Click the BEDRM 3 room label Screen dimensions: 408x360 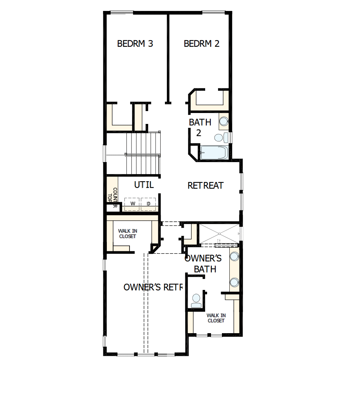click(x=135, y=44)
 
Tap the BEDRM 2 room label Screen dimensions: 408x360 click(x=201, y=44)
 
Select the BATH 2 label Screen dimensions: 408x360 click(x=200, y=127)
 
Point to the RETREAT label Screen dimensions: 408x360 click(x=206, y=185)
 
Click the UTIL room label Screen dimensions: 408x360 click(x=144, y=185)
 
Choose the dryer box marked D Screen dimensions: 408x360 click(x=148, y=204)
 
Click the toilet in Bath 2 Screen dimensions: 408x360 click(x=220, y=137)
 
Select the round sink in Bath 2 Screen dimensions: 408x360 click(x=224, y=121)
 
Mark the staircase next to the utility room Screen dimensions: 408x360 click(x=143, y=154)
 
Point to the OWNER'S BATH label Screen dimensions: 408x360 click(x=203, y=263)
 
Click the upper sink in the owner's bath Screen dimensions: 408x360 click(x=234, y=256)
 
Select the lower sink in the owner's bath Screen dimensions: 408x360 click(x=234, y=281)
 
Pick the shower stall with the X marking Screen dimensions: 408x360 click(x=218, y=234)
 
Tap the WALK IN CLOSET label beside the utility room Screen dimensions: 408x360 click(x=128, y=234)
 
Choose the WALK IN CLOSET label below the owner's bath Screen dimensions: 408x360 click(x=216, y=318)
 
